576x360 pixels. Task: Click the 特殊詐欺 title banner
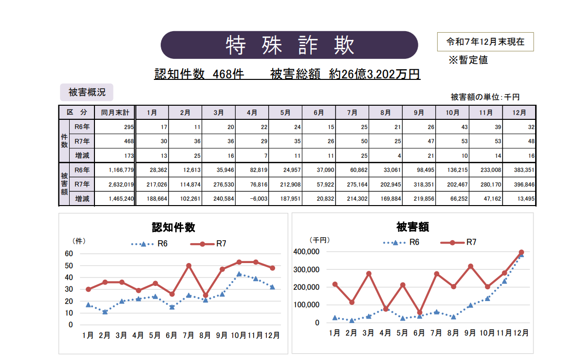(x=289, y=45)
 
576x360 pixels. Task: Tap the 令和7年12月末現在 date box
(x=485, y=42)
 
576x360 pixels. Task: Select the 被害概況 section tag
(x=87, y=92)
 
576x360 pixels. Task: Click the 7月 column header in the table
(x=352, y=113)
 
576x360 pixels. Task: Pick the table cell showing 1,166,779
(x=114, y=170)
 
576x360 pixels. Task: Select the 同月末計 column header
(x=115, y=113)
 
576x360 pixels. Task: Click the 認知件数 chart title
(x=174, y=227)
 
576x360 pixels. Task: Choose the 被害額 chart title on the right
(x=412, y=227)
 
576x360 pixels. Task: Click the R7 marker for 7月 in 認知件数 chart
(x=188, y=266)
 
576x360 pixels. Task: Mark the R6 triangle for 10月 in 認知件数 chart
(x=239, y=274)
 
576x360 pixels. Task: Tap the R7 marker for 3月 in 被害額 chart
(x=369, y=274)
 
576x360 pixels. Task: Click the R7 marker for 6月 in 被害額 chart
(x=419, y=312)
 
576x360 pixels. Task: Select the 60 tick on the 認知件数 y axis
(x=69, y=254)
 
